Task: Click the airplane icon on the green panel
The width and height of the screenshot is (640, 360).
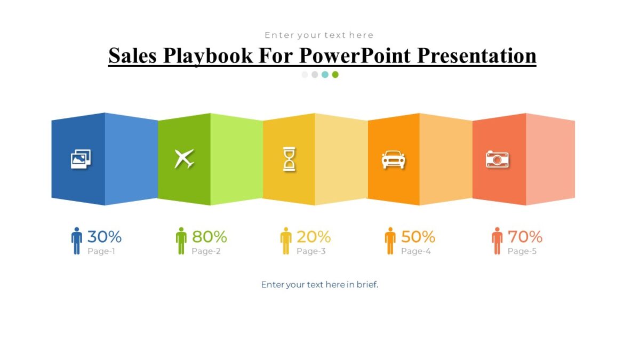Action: coord(184,158)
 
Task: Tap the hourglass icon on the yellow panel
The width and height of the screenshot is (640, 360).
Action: coord(289,159)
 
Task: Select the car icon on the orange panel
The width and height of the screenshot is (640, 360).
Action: coord(393,159)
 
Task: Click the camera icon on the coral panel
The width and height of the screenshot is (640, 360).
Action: coord(497,159)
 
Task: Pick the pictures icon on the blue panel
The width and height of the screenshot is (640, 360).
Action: coord(81,158)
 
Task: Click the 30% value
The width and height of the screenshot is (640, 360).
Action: coord(105,236)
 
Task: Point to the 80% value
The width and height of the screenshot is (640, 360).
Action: coord(209,236)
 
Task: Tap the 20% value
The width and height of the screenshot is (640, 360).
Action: coord(314,236)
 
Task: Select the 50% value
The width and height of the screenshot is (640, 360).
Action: coord(418,236)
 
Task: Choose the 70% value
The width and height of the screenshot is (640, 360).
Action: coord(525,236)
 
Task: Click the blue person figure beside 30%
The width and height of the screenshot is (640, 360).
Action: coord(77,241)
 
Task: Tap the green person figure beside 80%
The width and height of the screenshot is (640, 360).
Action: coord(181,241)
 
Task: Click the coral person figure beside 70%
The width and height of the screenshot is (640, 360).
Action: coord(497,241)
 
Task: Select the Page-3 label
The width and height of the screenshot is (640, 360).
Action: coord(311,251)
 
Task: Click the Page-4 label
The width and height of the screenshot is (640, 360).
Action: coord(415,251)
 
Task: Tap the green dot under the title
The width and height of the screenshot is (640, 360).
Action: coord(335,75)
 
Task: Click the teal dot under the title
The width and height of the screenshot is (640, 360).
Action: coord(325,75)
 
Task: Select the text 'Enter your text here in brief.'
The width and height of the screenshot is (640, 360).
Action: coord(319,285)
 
